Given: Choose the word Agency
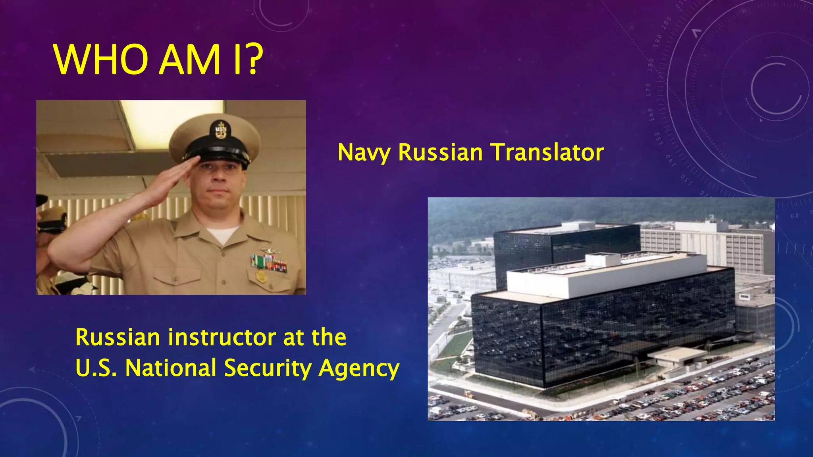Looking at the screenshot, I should click(359, 368).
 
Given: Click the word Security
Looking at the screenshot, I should click(268, 368).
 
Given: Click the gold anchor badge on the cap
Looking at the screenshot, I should click(221, 130).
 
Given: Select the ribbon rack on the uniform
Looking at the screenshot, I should click(269, 263).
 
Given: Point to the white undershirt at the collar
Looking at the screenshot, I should click(222, 234).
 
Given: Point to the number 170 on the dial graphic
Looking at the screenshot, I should click(648, 90).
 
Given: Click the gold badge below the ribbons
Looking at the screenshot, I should click(261, 277).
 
